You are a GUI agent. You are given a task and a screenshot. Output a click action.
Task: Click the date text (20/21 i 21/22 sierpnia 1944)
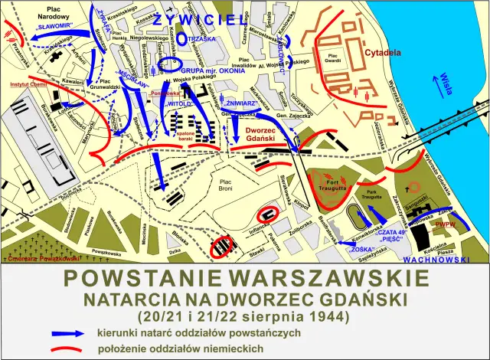click(244, 315)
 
